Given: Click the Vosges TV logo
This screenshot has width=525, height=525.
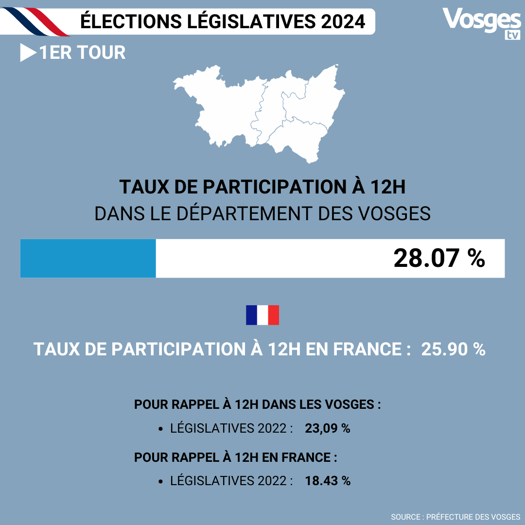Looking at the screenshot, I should [481, 22].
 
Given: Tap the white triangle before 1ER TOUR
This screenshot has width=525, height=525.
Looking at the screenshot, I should [27, 53].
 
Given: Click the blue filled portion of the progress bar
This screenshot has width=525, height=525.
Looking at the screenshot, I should [88, 258].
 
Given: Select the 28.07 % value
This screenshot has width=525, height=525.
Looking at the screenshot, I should [439, 258].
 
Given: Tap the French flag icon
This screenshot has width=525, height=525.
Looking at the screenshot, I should [262, 315].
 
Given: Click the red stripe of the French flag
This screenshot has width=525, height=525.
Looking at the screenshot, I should [273, 315].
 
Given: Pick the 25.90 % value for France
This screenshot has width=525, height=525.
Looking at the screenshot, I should [453, 350].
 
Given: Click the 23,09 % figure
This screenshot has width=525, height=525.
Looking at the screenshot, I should [328, 429].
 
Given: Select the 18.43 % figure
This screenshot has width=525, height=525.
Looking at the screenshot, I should [328, 481].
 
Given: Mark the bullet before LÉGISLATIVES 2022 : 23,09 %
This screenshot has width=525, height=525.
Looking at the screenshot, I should [161, 429].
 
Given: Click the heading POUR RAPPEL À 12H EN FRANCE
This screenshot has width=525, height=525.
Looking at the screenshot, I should [236, 457].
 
